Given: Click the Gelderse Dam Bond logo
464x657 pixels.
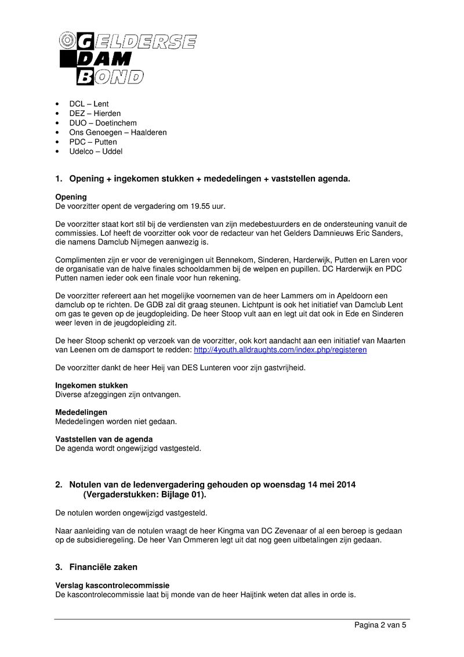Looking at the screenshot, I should click(128, 58).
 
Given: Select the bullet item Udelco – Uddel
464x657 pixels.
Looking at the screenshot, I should click(96, 151).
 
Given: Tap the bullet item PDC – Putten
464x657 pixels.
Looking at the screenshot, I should click(93, 142).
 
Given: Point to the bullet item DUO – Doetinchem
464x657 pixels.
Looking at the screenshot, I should click(103, 123).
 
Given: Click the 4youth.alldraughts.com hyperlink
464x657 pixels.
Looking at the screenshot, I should click(280, 350).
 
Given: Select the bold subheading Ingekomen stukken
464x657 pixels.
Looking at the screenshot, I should click(92, 385).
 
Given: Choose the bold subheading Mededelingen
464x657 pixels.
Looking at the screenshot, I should click(81, 412).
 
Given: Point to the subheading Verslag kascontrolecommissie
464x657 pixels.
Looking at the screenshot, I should click(113, 586).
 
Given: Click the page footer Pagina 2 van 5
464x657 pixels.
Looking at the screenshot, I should click(380, 625).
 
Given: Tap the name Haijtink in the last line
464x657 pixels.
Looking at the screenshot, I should click(256, 595).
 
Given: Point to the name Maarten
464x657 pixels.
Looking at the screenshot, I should click(390, 341).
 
